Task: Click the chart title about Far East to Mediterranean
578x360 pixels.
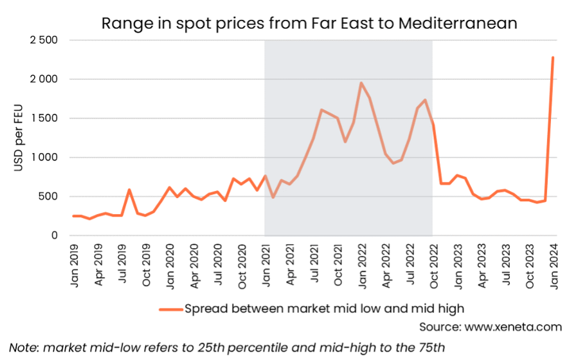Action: tap(309, 23)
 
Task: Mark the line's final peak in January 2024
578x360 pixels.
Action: tap(553, 57)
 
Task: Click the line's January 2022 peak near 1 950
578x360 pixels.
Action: tap(361, 83)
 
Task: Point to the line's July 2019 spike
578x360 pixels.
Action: tap(129, 190)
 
